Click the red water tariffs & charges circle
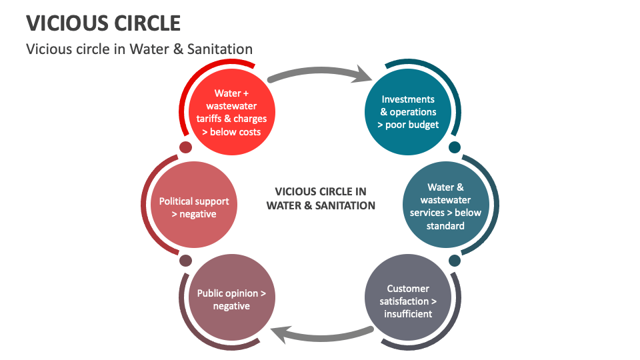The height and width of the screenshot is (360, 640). tap(231, 113)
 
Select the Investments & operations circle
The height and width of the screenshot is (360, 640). tap(408, 113)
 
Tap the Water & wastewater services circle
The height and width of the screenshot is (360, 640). tap(445, 207)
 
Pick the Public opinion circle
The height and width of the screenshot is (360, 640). tap(231, 300)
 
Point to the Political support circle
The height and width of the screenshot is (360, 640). tap(194, 207)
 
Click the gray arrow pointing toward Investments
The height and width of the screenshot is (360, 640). tap(320, 71)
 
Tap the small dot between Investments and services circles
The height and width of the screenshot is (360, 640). tap(455, 147)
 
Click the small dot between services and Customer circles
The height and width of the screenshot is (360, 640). tap(455, 260)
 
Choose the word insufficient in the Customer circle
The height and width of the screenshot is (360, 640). tap(408, 313)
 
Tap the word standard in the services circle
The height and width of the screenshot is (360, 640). tap(445, 225)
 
